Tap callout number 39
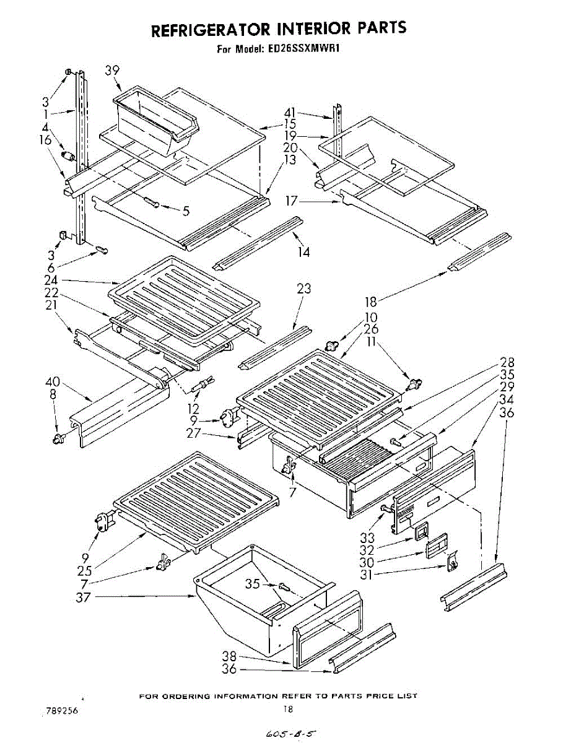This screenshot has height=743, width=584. point(113,71)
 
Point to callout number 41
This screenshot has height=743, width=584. point(290,113)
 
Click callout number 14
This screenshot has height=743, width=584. point(303,253)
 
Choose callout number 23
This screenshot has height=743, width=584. point(304,289)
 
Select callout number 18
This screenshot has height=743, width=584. point(370,302)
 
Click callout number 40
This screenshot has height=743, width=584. point(52,381)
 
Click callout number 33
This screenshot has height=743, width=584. point(367,538)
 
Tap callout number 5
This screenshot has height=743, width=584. point(186,211)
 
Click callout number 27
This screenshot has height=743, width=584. point(194,433)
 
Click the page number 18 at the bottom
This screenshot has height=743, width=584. point(289,709)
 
